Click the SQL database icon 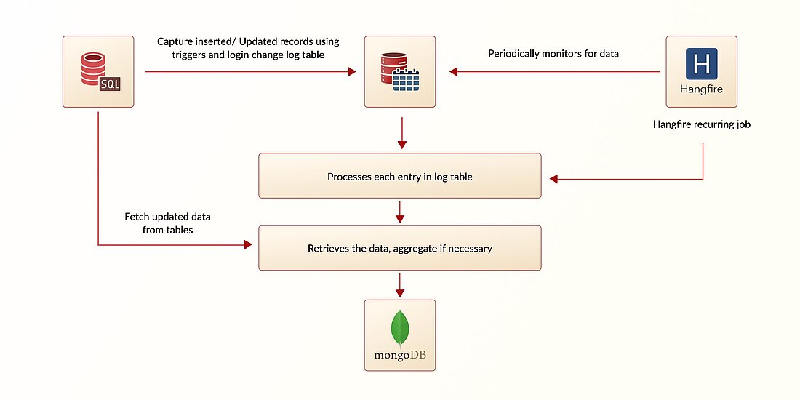pos(97,71)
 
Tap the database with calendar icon pos(399,71)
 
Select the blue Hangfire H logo pos(701,64)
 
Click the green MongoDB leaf pos(399,328)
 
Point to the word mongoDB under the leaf pos(399,356)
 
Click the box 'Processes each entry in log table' pos(399,176)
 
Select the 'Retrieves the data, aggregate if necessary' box pos(399,249)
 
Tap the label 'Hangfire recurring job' pos(701,124)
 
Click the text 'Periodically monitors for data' pos(553,54)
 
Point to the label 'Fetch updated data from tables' pos(167,223)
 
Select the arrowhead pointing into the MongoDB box pos(399,292)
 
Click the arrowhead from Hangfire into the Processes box pos(554,178)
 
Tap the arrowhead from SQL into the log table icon pos(351,71)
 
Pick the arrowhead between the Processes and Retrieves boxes pos(399,218)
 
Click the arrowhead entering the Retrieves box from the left pos(247,245)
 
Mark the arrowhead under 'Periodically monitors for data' pos(454,71)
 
